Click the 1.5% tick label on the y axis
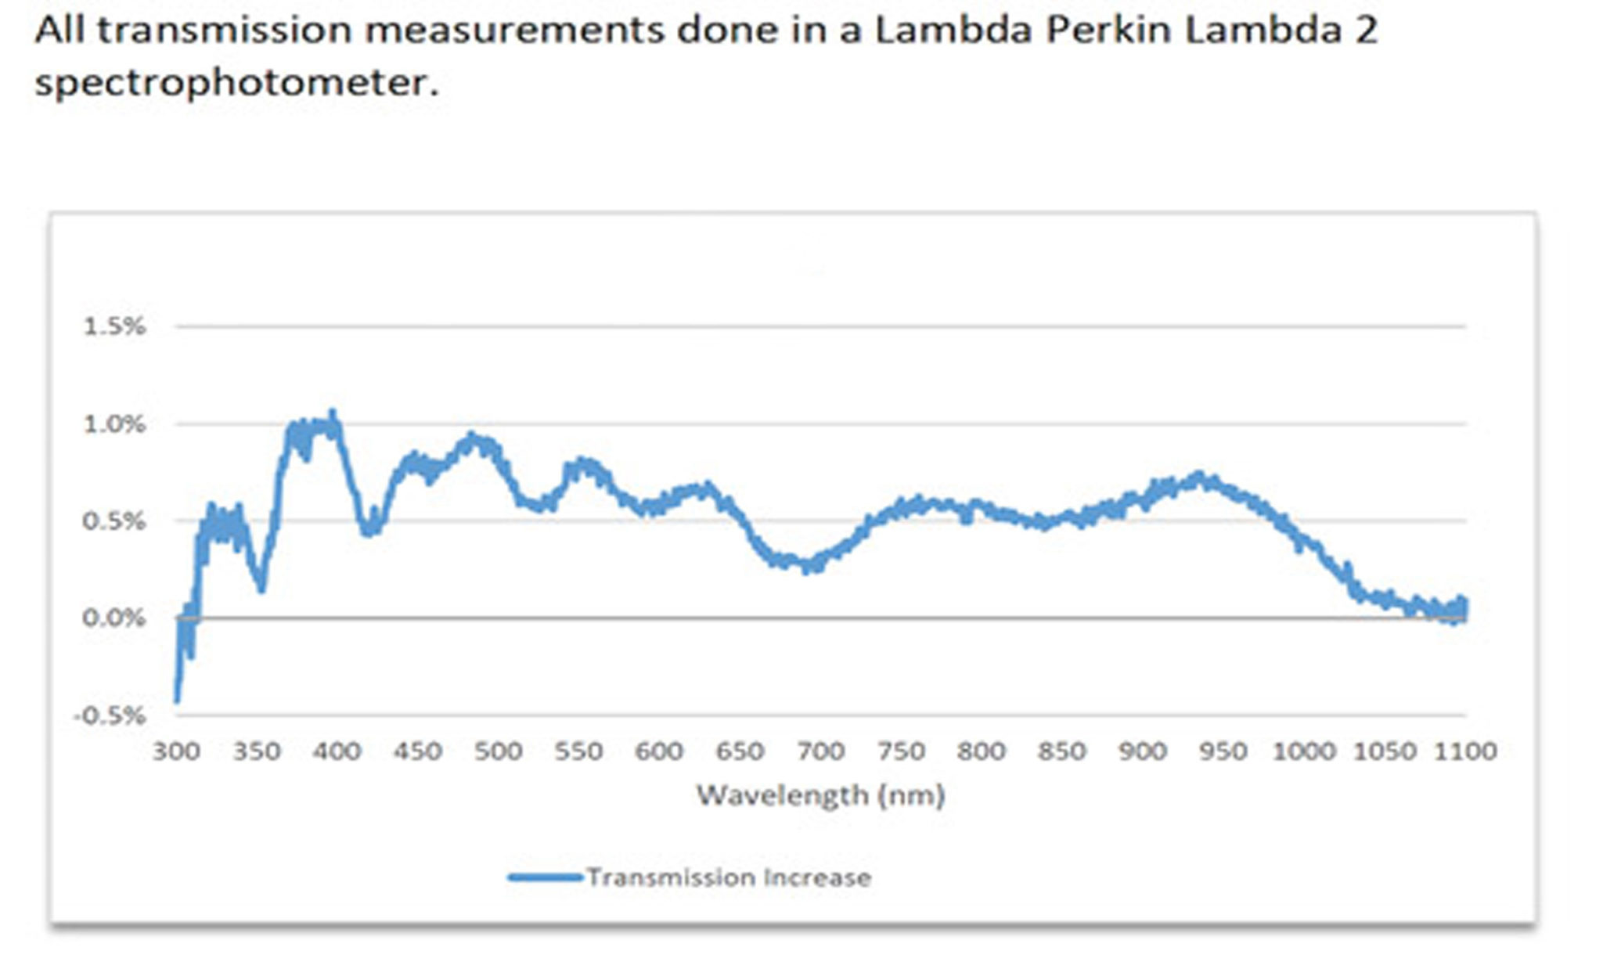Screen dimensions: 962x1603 pos(114,326)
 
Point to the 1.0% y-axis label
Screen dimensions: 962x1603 pos(114,424)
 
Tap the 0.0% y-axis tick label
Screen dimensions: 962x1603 pos(114,618)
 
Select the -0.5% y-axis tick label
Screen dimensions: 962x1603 pos(110,715)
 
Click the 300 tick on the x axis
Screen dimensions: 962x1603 pos(176,751)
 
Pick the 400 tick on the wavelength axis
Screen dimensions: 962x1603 pos(337,751)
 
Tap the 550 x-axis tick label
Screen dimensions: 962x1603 pos(578,751)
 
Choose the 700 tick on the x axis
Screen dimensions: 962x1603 pos(820,751)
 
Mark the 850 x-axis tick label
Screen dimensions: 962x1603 pos(1061,751)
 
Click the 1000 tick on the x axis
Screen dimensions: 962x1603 pos(1303,751)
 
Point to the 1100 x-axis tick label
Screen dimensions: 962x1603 pos(1464,751)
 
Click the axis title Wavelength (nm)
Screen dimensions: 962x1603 pos(820,795)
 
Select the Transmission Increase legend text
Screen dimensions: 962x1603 pos(729,877)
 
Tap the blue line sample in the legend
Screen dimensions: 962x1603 pos(545,877)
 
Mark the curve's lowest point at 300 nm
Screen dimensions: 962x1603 pos(177,701)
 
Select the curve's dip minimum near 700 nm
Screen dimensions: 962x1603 pos(808,568)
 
